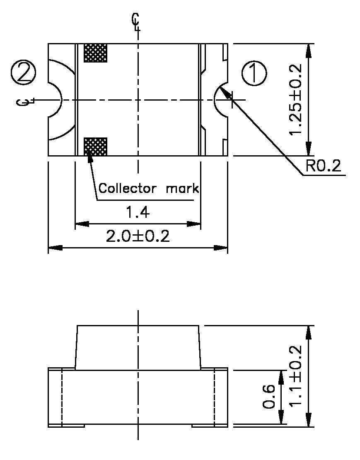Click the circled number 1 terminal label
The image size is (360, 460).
tap(254, 74)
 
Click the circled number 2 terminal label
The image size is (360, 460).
tap(24, 72)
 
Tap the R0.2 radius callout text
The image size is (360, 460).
tap(323, 166)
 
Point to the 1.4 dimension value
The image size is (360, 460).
tap(138, 213)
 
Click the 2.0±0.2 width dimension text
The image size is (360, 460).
tap(138, 237)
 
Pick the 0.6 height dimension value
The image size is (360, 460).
tap(269, 397)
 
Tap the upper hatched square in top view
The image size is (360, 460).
tap(96, 53)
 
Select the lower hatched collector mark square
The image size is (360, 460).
tap(96, 147)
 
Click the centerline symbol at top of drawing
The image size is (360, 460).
tap(136, 22)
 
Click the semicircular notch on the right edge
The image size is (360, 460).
tap(221, 100)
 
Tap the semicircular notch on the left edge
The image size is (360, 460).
tap(55, 100)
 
